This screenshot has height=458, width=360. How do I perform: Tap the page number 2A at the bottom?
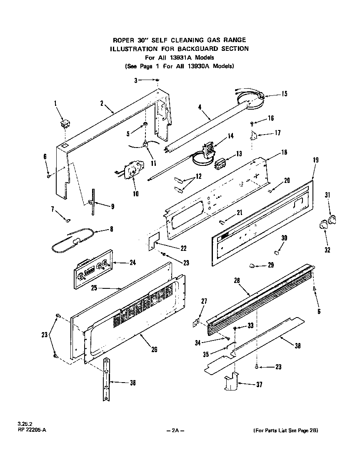175,430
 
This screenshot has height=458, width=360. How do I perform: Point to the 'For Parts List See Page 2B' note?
288,430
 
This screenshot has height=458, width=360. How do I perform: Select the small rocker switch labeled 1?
64,124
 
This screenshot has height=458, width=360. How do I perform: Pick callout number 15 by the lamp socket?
284,94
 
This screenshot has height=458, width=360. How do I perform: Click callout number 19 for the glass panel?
316,159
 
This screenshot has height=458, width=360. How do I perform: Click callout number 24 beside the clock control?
132,263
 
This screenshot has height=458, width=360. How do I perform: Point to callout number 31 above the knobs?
327,195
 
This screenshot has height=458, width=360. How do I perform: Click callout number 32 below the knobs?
327,250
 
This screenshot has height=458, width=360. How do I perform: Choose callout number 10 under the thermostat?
135,193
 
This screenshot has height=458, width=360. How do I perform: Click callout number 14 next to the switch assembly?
230,135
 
